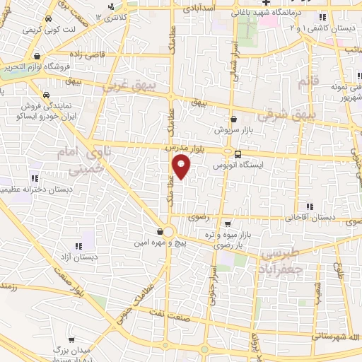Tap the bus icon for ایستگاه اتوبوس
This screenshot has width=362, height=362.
pyautogui.click(x=238, y=153)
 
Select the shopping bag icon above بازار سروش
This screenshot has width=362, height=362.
pyautogui.click(x=233, y=119)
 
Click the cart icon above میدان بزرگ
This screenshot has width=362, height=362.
pyautogui.click(x=71, y=339)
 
